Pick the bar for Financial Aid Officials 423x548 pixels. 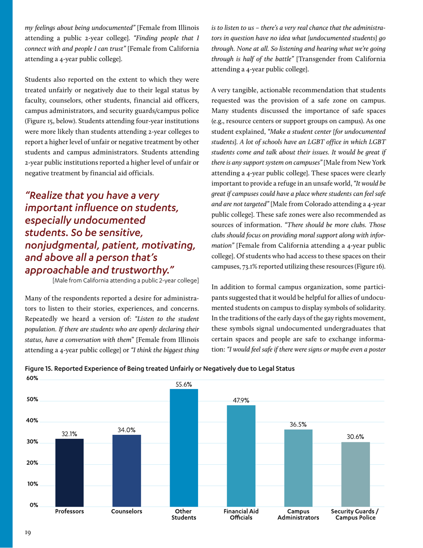(x=241, y=455)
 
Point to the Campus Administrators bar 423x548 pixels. (x=298, y=467)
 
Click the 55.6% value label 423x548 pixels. (x=184, y=384)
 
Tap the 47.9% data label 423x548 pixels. (x=241, y=400)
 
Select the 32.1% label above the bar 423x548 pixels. (x=69, y=433)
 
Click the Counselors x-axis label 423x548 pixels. (x=126, y=512)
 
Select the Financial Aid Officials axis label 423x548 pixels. (x=241, y=515)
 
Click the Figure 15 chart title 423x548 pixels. (x=160, y=369)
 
